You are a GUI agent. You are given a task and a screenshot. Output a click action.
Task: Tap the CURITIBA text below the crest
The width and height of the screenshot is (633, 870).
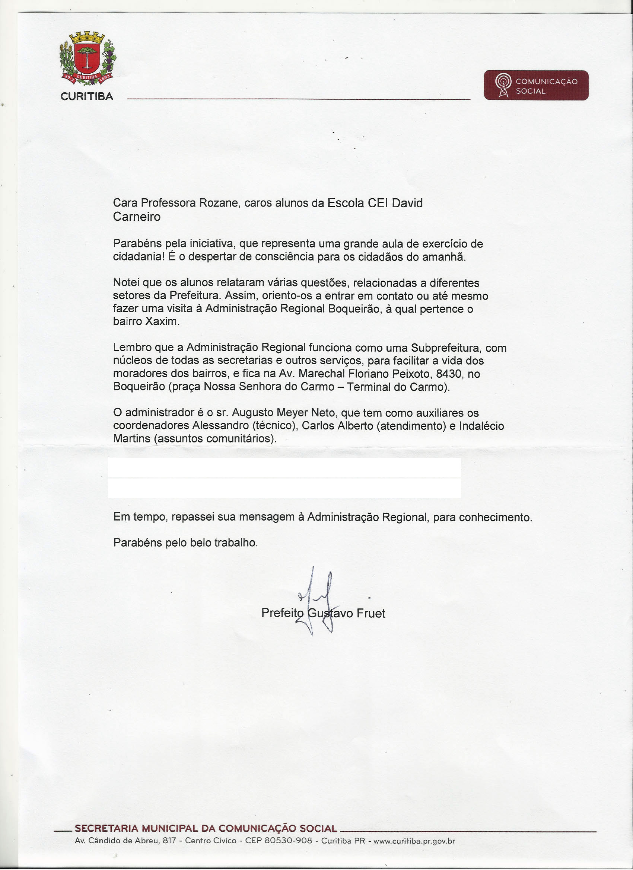coord(87,97)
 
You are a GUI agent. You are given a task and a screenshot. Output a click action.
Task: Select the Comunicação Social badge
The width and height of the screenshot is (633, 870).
coord(536,86)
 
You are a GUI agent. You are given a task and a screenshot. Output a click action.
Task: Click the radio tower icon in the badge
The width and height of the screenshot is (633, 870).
coord(503,86)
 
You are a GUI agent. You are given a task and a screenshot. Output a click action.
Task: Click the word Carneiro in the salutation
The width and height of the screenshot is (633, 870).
coord(137,217)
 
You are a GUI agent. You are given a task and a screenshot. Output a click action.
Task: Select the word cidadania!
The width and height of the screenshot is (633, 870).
coord(139,257)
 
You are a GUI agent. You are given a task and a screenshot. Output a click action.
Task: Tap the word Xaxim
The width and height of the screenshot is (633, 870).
coord(162,322)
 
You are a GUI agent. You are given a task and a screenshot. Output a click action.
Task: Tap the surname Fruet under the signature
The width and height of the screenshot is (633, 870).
coord(371,613)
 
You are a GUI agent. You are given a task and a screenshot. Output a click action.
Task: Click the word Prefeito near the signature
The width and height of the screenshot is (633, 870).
coord(282,613)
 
